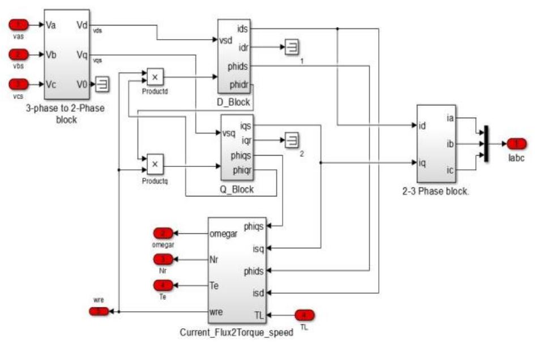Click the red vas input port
20,24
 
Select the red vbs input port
20,55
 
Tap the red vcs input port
20,85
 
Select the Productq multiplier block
155,165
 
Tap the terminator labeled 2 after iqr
292,139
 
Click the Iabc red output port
516,144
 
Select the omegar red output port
164,233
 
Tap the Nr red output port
164,259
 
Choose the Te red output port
164,285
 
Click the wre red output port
99,311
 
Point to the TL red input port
304,315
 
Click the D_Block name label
234,101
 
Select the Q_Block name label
237,190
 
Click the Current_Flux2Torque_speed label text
236,333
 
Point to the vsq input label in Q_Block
229,134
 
